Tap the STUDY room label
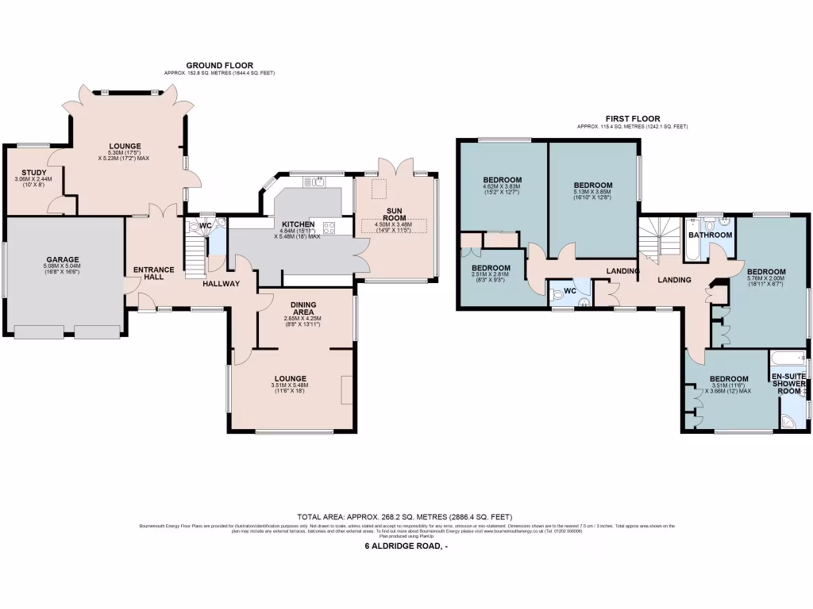coord(33,173)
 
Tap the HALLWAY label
coord(221,283)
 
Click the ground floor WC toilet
coord(193,226)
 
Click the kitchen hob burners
coord(329,228)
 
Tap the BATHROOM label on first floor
coord(710,236)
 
